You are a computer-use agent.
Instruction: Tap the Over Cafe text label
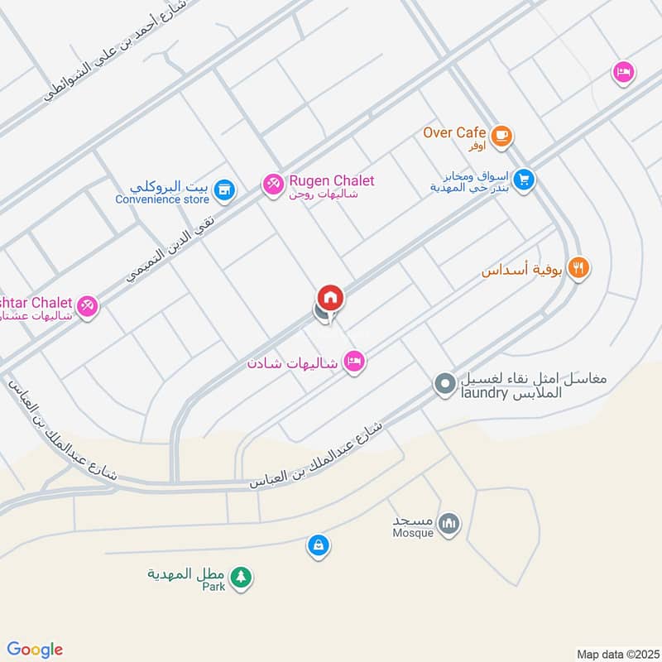pyautogui.click(x=453, y=132)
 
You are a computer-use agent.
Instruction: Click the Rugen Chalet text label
pyautogui.click(x=331, y=181)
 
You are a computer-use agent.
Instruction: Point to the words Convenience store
pyautogui.click(x=161, y=199)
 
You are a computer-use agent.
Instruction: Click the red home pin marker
pyautogui.click(x=330, y=298)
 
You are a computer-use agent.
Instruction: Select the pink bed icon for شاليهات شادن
pyautogui.click(x=354, y=362)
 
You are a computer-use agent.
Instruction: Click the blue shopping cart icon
pyautogui.click(x=523, y=179)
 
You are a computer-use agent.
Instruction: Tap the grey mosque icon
pyautogui.click(x=449, y=523)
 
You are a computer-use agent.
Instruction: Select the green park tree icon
pyautogui.click(x=241, y=577)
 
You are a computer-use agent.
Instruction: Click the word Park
pyautogui.click(x=214, y=586)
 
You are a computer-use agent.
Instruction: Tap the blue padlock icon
pyautogui.click(x=318, y=545)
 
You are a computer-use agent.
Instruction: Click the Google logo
pyautogui.click(x=34, y=650)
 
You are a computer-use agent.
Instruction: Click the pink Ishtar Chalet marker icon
pyautogui.click(x=89, y=306)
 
